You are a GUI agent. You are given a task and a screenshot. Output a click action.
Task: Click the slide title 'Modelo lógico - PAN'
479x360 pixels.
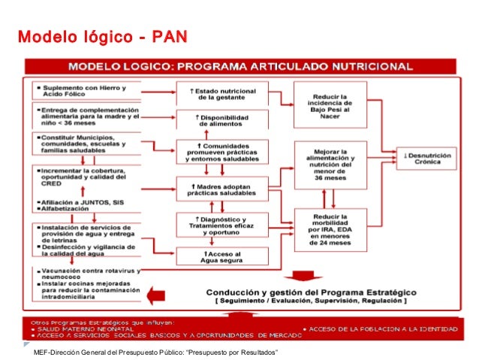point(102,37)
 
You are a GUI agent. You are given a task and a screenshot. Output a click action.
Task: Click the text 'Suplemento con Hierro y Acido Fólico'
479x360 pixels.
point(83,91)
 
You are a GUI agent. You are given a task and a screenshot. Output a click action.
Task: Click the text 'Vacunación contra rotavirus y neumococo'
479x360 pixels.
point(86,273)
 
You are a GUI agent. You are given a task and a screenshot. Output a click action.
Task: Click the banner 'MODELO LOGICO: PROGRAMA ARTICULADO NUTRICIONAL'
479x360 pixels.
point(252,65)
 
